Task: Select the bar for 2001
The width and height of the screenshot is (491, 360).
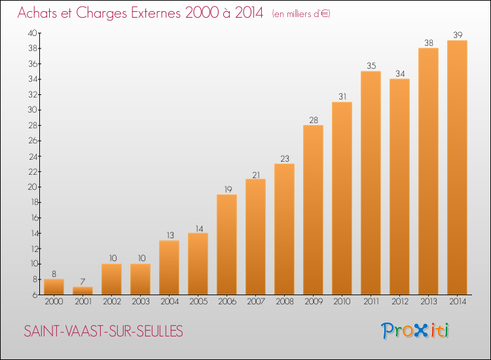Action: [x=82, y=291]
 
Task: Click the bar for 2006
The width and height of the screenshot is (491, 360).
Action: [x=227, y=245]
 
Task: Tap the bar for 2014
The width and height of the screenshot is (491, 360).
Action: [x=457, y=168]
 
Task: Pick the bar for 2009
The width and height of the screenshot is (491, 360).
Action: [x=313, y=209]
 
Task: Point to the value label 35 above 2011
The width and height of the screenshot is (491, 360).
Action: [x=371, y=65]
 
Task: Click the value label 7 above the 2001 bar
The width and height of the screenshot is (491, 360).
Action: [x=82, y=281]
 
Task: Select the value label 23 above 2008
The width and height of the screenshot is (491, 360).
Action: [x=285, y=158]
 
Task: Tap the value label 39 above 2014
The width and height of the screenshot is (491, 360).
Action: [x=458, y=35]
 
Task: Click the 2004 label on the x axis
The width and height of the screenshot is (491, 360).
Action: [x=170, y=302]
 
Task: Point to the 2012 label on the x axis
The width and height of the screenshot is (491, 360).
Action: [x=400, y=302]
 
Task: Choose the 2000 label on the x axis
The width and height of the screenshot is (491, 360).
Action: [x=54, y=302]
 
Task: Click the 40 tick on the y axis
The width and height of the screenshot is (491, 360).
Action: [x=33, y=33]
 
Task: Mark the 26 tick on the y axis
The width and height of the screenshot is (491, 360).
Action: [x=33, y=141]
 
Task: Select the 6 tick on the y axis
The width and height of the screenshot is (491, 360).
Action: [x=35, y=295]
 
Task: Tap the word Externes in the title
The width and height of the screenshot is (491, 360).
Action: [x=156, y=12]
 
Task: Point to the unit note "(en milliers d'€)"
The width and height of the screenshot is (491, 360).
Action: [x=301, y=14]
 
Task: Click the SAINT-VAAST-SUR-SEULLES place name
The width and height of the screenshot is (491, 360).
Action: [x=103, y=331]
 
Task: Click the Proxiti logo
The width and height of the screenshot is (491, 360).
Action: [x=415, y=331]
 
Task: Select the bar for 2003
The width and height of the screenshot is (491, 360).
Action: [x=140, y=279]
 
